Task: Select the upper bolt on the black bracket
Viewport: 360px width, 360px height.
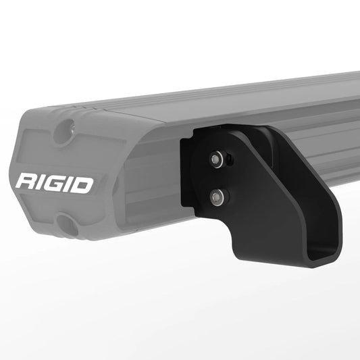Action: pyautogui.click(x=215, y=159)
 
